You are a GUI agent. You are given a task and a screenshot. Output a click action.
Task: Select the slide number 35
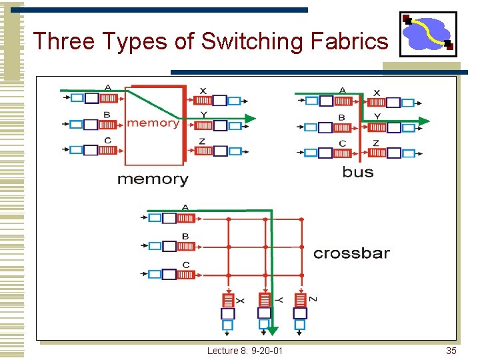(451, 351)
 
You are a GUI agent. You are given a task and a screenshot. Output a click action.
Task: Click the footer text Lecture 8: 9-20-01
(245, 351)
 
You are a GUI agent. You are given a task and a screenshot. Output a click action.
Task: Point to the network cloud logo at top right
(428, 33)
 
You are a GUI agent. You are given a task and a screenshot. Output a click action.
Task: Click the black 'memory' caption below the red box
(153, 179)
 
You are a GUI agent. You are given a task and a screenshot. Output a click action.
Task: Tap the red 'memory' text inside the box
(153, 123)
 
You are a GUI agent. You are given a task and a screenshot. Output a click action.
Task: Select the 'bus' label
(358, 172)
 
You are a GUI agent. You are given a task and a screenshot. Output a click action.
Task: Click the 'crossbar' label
(351, 253)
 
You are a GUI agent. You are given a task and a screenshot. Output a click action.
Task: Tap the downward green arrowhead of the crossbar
(273, 330)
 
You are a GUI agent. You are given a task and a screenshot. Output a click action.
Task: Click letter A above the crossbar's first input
(185, 207)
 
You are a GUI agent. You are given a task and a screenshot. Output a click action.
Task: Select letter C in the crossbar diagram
(185, 265)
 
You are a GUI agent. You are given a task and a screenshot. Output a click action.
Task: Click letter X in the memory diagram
(203, 91)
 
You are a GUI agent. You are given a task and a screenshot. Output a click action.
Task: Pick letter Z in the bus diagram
(376, 143)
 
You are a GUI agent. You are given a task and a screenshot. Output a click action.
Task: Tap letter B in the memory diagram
(107, 115)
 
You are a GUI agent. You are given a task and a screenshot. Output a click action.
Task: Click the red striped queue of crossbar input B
(186, 246)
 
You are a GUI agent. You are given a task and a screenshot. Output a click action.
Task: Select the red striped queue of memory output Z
(203, 151)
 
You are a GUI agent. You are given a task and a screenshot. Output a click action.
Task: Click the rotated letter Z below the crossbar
(313, 299)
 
